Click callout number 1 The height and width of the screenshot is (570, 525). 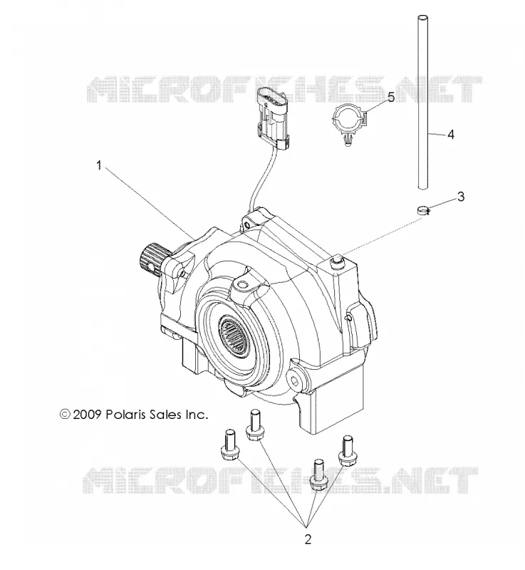pyautogui.click(x=98, y=166)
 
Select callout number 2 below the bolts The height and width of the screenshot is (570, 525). pyautogui.click(x=308, y=539)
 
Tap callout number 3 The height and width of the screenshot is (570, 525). pyautogui.click(x=461, y=197)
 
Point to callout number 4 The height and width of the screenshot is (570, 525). pyautogui.click(x=451, y=135)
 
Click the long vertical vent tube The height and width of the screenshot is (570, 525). pyautogui.click(x=422, y=102)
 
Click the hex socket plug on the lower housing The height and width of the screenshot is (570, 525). pyautogui.click(x=295, y=381)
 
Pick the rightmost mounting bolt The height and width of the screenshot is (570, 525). pyautogui.click(x=347, y=451)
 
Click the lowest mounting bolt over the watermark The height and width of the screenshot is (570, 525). pyautogui.click(x=318, y=475)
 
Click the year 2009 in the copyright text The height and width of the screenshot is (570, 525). pyautogui.click(x=86, y=415)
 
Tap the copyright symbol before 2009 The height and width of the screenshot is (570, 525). pyautogui.click(x=65, y=414)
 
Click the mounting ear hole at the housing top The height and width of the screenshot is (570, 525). pyautogui.click(x=246, y=225)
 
